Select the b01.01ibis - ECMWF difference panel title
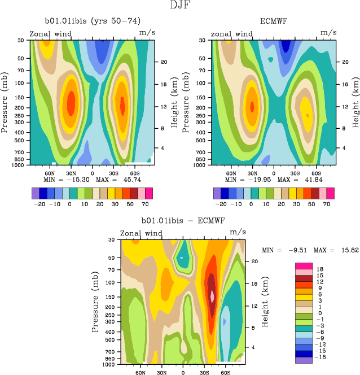(x=183, y=220)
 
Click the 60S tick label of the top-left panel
(x=134, y=173)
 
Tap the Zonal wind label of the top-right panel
(x=231, y=34)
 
